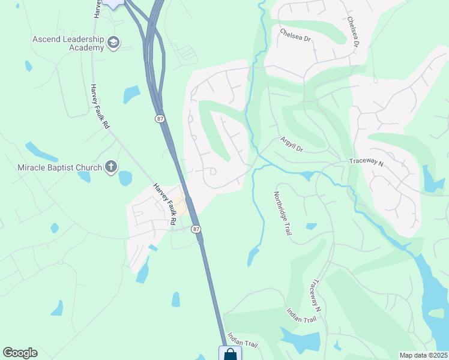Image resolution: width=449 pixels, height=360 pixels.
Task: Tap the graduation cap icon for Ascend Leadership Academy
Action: coord(113,43)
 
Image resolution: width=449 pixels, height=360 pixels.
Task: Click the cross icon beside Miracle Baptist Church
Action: coord(110,167)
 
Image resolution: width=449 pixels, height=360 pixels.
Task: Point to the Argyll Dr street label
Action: coord(292,144)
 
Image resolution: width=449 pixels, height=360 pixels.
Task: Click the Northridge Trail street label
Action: coord(282,213)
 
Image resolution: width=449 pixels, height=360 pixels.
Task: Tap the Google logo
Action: coord(20,353)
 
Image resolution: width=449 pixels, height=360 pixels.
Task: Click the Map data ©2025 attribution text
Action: coord(423,355)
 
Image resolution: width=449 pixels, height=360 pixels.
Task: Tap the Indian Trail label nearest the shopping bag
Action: coord(243,345)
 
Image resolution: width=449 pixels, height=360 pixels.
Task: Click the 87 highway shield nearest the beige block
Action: coord(196,229)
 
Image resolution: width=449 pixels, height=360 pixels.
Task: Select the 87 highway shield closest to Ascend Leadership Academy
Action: coord(160,119)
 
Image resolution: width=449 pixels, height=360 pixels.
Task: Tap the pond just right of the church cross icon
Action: coord(125,178)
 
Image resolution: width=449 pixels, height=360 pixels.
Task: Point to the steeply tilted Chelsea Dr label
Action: coord(352,31)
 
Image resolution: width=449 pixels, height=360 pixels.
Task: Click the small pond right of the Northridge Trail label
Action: coord(311,226)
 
